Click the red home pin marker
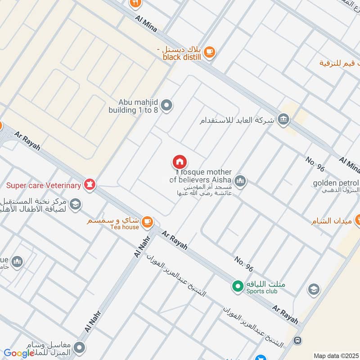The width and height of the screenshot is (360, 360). click(180, 162)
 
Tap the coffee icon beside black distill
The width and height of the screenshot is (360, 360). click(209, 53)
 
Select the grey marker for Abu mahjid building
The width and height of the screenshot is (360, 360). click(167, 106)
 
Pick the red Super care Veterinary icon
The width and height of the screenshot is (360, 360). click(90, 184)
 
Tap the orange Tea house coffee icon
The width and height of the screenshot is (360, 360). click(147, 221)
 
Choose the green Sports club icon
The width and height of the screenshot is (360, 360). click(236, 285)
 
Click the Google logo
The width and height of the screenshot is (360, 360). click(19, 353)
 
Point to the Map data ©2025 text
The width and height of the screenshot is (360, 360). click(336, 355)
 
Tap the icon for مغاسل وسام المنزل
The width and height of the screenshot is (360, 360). click(80, 347)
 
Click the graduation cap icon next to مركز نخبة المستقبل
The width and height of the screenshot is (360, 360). click(76, 204)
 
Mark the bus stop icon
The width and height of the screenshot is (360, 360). click(297, 340)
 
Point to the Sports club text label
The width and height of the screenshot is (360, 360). click(262, 291)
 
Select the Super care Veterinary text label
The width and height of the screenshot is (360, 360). click(44, 185)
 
